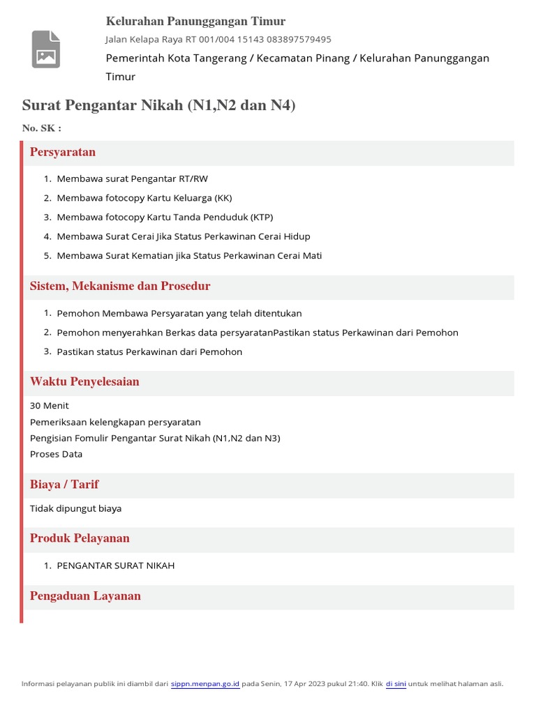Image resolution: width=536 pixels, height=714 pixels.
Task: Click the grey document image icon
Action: pyautogui.click(x=46, y=49)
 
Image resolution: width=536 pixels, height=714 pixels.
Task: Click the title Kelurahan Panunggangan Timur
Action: pyautogui.click(x=195, y=21)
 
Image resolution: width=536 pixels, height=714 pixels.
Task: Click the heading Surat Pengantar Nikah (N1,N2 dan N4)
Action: pyautogui.click(x=159, y=105)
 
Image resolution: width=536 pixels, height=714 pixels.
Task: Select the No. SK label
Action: pyautogui.click(x=42, y=128)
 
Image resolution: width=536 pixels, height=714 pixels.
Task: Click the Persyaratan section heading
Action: pyautogui.click(x=63, y=152)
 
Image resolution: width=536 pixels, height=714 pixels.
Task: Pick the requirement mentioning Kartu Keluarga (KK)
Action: pyautogui.click(x=144, y=198)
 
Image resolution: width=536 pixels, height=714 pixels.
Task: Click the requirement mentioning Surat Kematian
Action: pyautogui.click(x=189, y=255)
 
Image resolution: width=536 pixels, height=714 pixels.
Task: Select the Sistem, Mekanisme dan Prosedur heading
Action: pyautogui.click(x=120, y=286)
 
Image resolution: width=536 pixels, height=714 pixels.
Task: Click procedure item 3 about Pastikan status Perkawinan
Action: pyautogui.click(x=149, y=352)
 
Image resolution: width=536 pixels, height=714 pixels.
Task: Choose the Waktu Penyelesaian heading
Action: pyautogui.click(x=84, y=381)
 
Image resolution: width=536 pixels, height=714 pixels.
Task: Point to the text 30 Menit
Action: pyautogui.click(x=50, y=406)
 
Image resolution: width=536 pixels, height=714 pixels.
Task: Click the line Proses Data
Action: pyautogui.click(x=56, y=454)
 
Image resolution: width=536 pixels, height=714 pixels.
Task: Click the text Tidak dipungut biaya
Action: pyautogui.click(x=75, y=508)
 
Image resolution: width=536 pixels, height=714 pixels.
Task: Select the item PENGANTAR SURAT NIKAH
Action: pyautogui.click(x=116, y=565)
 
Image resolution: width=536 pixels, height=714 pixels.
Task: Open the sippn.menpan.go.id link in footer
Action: pyautogui.click(x=205, y=684)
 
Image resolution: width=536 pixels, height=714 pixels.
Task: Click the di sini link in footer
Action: pyautogui.click(x=396, y=684)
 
